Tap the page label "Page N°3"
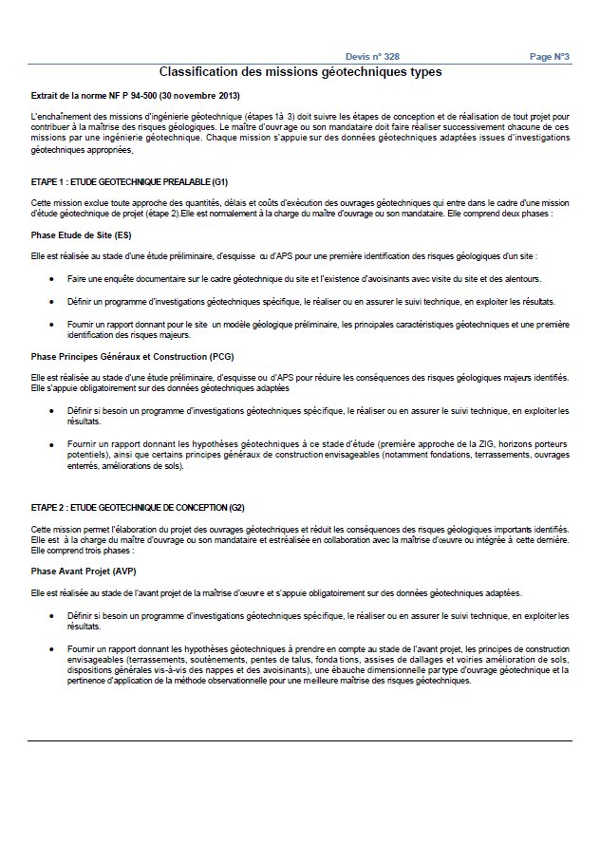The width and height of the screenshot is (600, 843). (549, 57)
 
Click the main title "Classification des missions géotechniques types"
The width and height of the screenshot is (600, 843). (300, 71)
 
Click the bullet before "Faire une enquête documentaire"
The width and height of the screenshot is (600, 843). (50, 281)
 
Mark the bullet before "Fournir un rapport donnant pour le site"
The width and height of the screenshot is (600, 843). (50, 326)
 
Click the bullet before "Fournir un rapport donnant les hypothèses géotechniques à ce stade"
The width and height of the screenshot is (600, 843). (50, 444)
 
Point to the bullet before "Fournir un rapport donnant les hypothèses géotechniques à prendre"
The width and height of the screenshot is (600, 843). (50, 648)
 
